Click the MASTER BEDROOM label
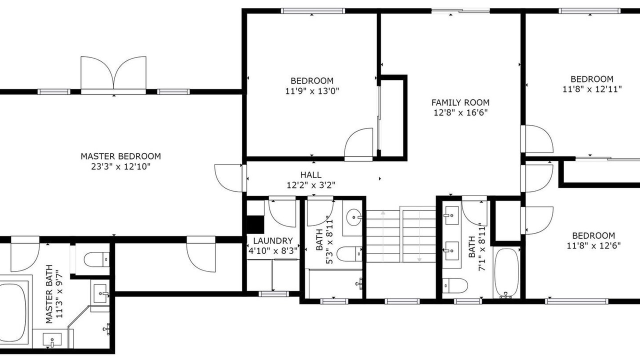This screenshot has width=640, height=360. pos(120,156)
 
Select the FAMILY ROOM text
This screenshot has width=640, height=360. pos(460,102)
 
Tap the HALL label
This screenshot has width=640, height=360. pos(310,174)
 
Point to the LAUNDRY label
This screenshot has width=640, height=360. pos(273,241)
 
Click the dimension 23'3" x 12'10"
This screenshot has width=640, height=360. pos(120,166)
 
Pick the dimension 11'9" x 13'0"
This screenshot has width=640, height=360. pos(312,91)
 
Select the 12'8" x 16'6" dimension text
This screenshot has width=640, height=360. pos(460,112)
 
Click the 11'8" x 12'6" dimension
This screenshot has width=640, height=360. pos(593,245)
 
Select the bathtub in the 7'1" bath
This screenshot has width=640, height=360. pos(506,273)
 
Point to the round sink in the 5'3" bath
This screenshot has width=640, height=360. pos(354,217)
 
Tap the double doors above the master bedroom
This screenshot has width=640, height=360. pos(113,73)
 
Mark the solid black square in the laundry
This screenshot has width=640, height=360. pos(255,224)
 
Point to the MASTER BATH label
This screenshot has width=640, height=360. pos(49,294)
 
